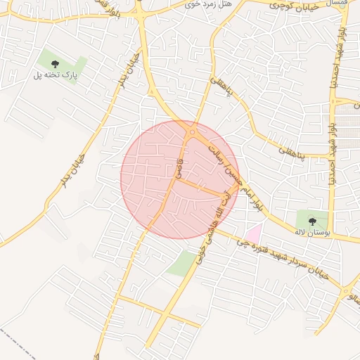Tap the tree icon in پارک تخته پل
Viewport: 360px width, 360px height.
point(55,64)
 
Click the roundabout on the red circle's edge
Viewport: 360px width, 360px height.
point(192,131)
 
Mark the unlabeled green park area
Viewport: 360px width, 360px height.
point(183,263)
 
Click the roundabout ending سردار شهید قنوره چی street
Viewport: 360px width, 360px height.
point(347,289)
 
